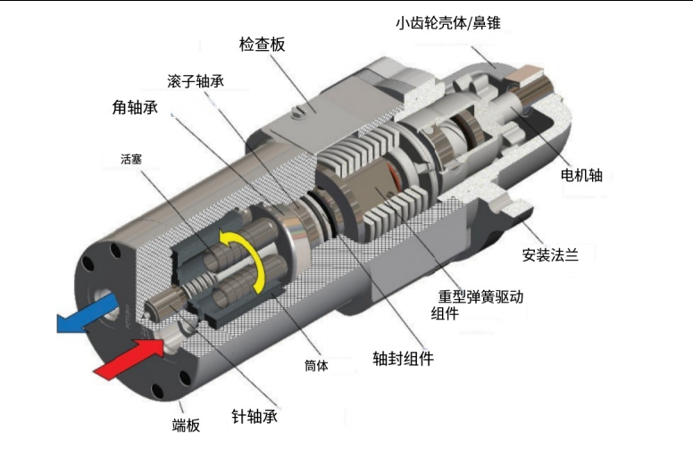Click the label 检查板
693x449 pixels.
262,45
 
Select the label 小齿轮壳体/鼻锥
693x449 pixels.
448,22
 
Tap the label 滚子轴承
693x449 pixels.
196,81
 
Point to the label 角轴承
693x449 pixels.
135,107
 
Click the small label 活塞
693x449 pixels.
131,159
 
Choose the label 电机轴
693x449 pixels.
581,175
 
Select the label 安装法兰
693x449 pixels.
550,255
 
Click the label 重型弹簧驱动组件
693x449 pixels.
477,304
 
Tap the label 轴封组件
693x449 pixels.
403,359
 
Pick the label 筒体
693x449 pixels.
316,365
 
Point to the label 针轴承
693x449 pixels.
255,416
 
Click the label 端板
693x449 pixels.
186,425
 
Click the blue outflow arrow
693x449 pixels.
88,314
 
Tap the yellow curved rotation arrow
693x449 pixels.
244,260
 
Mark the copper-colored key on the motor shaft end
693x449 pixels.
526,74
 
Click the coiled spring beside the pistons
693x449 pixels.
197,286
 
